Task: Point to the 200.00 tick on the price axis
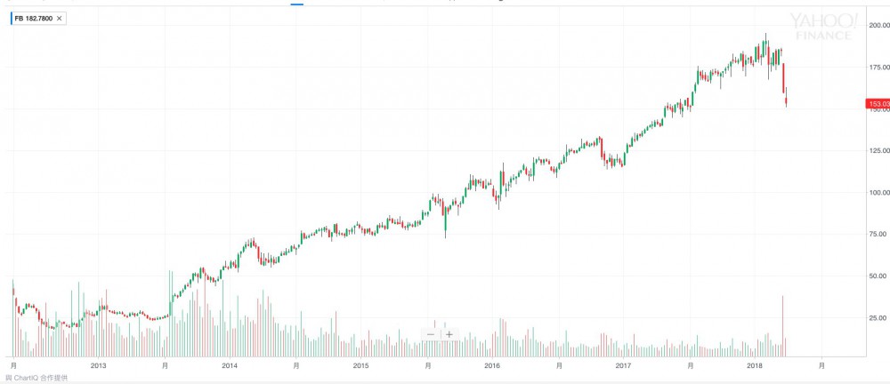pyautogui.click(x=878, y=26)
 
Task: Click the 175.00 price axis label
pyautogui.click(x=878, y=67)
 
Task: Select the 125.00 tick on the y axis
pyautogui.click(x=878, y=150)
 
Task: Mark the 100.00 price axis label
pyautogui.click(x=878, y=192)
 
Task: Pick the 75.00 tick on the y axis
pyautogui.click(x=878, y=234)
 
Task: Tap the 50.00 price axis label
pyautogui.click(x=878, y=276)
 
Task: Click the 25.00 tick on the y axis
pyautogui.click(x=878, y=317)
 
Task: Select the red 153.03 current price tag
pyautogui.click(x=877, y=104)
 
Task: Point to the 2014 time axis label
pyautogui.click(x=230, y=365)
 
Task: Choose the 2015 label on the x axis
pyautogui.click(x=360, y=365)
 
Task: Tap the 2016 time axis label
pyautogui.click(x=492, y=365)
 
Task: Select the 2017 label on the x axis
pyautogui.click(x=623, y=365)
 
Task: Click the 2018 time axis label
pyautogui.click(x=755, y=365)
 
